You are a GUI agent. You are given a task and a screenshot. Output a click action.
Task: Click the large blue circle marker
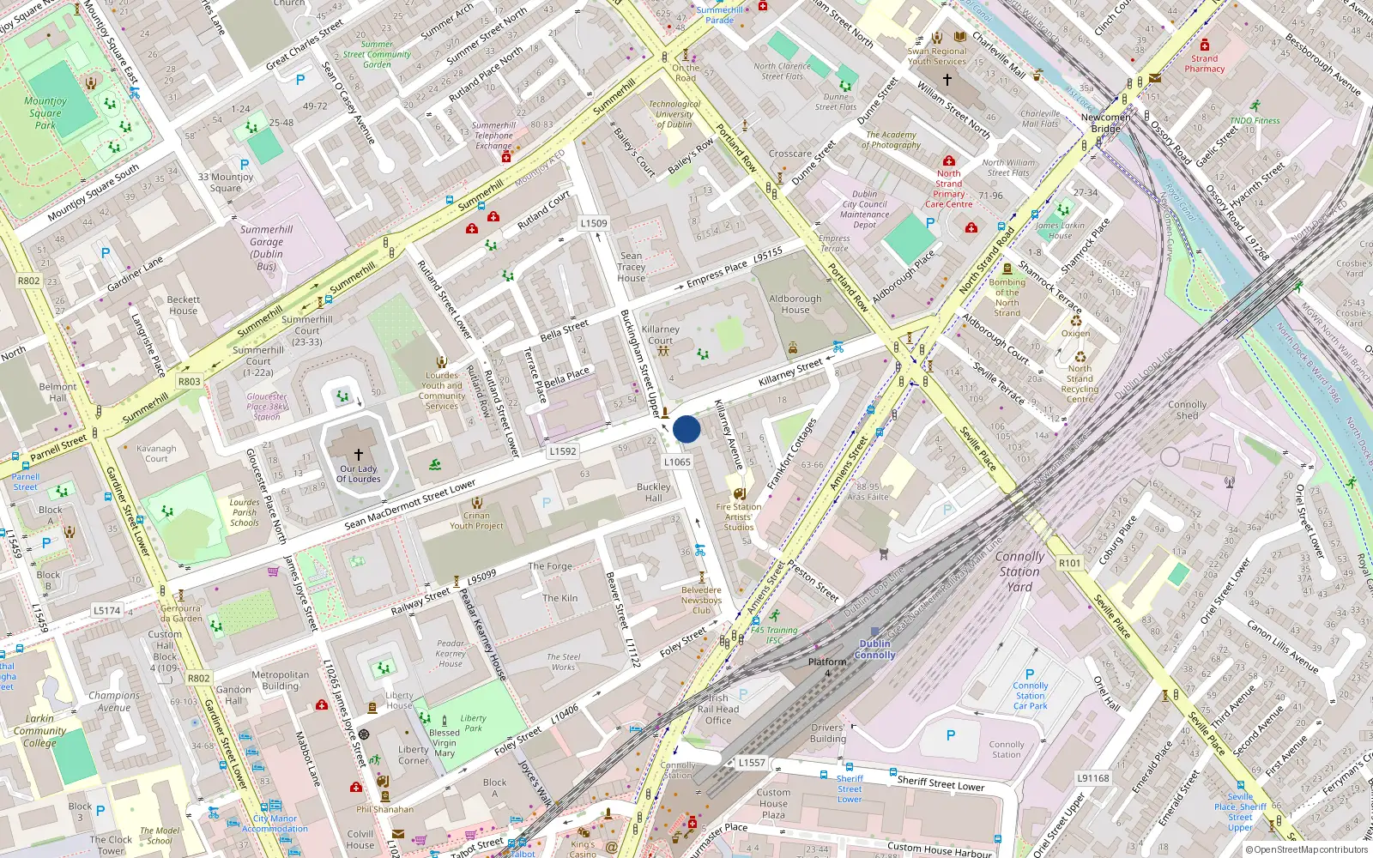pyautogui.click(x=686, y=429)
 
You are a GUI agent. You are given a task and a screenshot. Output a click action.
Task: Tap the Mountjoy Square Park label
pyautogui.click(x=45, y=112)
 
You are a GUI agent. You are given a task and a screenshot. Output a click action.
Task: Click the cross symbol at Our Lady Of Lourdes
pyautogui.click(x=359, y=455)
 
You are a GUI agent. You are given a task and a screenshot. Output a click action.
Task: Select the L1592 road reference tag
pyautogui.click(x=563, y=451)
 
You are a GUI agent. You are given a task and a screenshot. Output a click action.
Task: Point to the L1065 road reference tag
pyautogui.click(x=677, y=462)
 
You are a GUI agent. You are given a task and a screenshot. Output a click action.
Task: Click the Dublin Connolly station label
pyautogui.click(x=875, y=649)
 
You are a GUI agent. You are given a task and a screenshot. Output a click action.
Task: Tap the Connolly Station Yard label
pyautogui.click(x=1019, y=571)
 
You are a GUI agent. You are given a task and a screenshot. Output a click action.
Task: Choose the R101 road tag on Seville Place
pyautogui.click(x=1070, y=563)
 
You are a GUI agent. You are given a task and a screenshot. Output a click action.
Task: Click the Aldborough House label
pyautogui.click(x=795, y=304)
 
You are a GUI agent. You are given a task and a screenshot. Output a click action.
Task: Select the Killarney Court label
pyautogui.click(x=661, y=335)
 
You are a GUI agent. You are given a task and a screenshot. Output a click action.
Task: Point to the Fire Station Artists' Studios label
pyautogui.click(x=738, y=517)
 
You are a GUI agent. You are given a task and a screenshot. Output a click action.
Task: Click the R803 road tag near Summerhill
pyautogui.click(x=190, y=382)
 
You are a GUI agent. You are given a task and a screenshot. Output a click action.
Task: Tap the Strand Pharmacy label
pyautogui.click(x=1205, y=63)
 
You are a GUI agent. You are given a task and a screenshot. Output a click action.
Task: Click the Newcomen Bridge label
pyautogui.click(x=1106, y=123)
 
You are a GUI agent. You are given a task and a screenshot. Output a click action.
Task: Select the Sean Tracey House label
pyautogui.click(x=631, y=267)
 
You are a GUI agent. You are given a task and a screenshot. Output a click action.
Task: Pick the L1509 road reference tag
pyautogui.click(x=594, y=223)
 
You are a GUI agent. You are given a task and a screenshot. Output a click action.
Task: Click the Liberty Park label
pyautogui.click(x=473, y=723)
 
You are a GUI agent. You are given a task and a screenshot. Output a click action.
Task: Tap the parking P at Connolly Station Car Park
pyautogui.click(x=1030, y=674)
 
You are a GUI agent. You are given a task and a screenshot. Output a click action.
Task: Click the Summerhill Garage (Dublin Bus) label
pyautogui.click(x=267, y=248)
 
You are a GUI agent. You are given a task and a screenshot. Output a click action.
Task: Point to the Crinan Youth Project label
pyautogui.click(x=476, y=521)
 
